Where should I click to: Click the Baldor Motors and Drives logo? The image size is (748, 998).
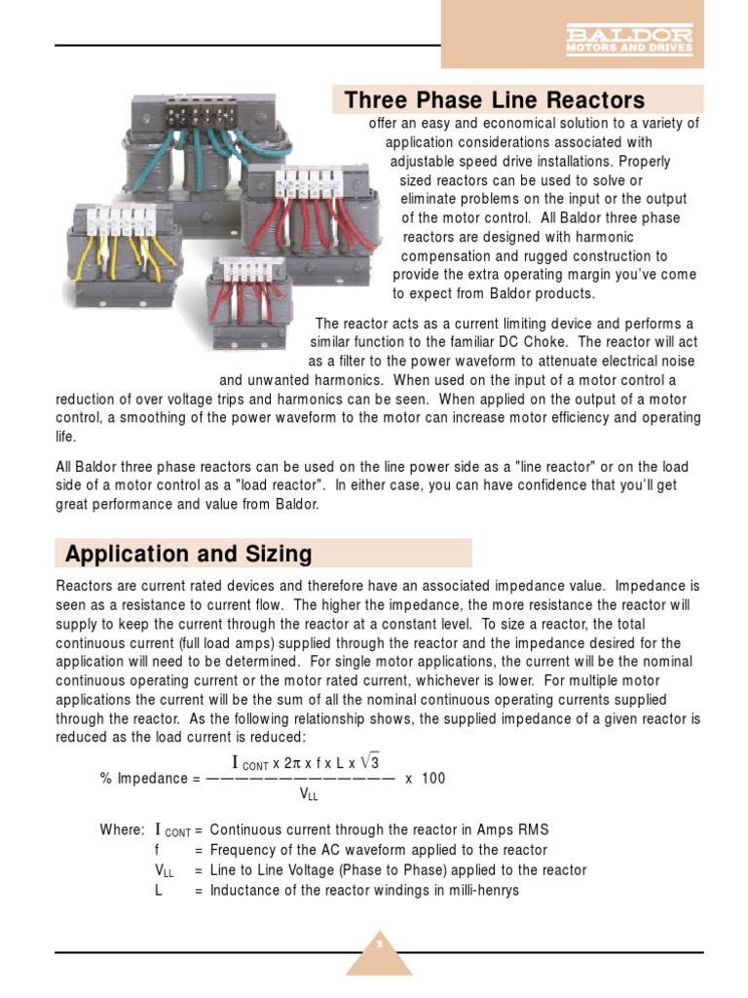630,39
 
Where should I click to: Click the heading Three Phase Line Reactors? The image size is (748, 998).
495,100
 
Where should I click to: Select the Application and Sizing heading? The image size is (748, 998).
189,554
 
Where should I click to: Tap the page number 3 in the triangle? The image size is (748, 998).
380,944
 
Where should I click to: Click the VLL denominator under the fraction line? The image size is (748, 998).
309,795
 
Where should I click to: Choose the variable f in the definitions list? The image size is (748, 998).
157,850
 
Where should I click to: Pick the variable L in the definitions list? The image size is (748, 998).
158,890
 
